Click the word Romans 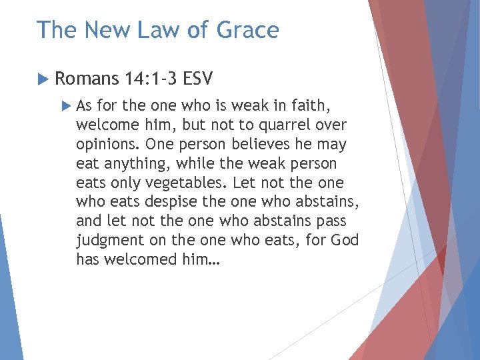tap(87, 79)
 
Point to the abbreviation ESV tap(197, 79)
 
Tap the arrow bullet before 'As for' tap(65, 105)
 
